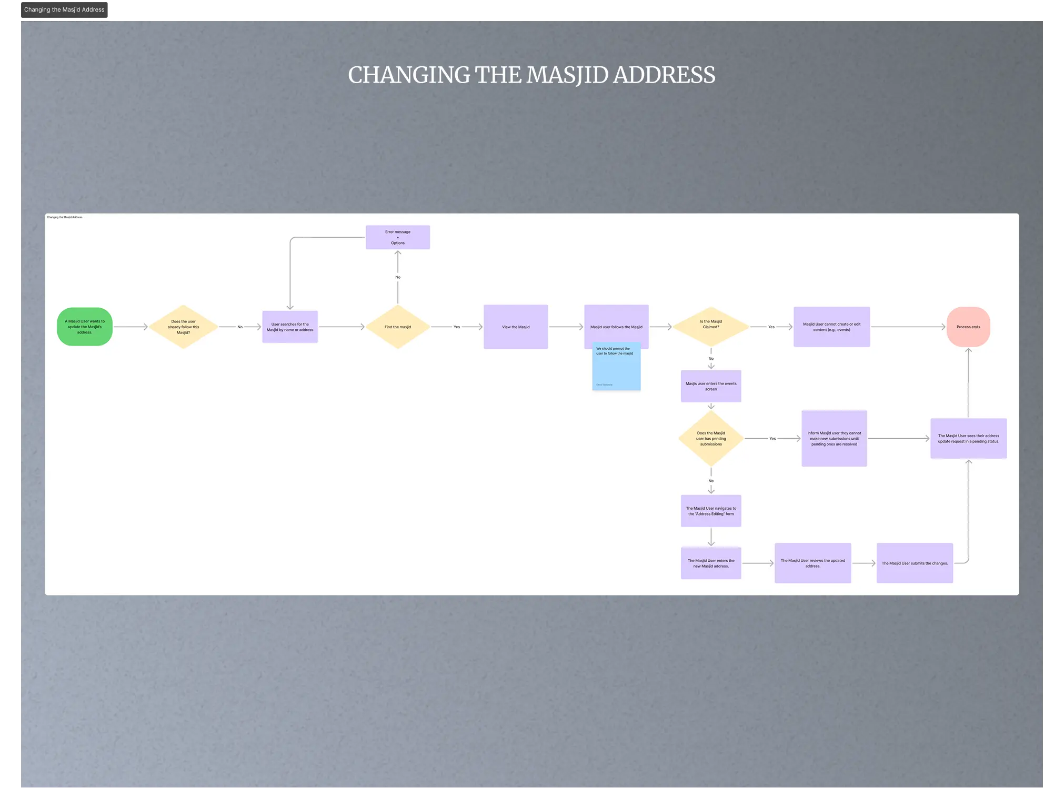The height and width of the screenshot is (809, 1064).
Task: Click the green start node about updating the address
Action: (85, 327)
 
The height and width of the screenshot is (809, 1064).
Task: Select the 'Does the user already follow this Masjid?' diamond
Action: (183, 327)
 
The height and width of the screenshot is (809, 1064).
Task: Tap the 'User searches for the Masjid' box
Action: (290, 327)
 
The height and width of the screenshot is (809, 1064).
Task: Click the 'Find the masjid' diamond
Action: (398, 327)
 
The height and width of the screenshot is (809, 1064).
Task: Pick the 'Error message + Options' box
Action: (398, 237)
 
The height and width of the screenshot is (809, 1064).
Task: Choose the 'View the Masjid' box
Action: (516, 327)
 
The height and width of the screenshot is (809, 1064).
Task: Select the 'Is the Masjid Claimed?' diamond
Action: (711, 326)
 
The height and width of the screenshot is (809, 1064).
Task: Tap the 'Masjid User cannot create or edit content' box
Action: (831, 327)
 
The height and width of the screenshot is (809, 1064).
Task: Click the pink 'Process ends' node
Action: (968, 327)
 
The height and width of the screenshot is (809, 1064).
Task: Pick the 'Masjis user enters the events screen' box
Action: (711, 386)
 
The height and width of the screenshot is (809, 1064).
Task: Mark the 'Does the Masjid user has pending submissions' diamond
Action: (711, 439)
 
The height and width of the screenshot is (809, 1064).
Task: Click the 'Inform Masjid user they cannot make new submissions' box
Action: (834, 439)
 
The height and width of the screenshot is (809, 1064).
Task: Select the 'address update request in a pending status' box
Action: (968, 439)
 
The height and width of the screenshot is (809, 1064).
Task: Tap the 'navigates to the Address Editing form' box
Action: (711, 511)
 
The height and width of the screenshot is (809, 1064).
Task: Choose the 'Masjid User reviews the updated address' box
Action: (812, 563)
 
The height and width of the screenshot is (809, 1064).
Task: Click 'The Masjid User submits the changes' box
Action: (915, 563)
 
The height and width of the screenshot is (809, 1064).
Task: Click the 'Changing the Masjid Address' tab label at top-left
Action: (64, 10)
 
